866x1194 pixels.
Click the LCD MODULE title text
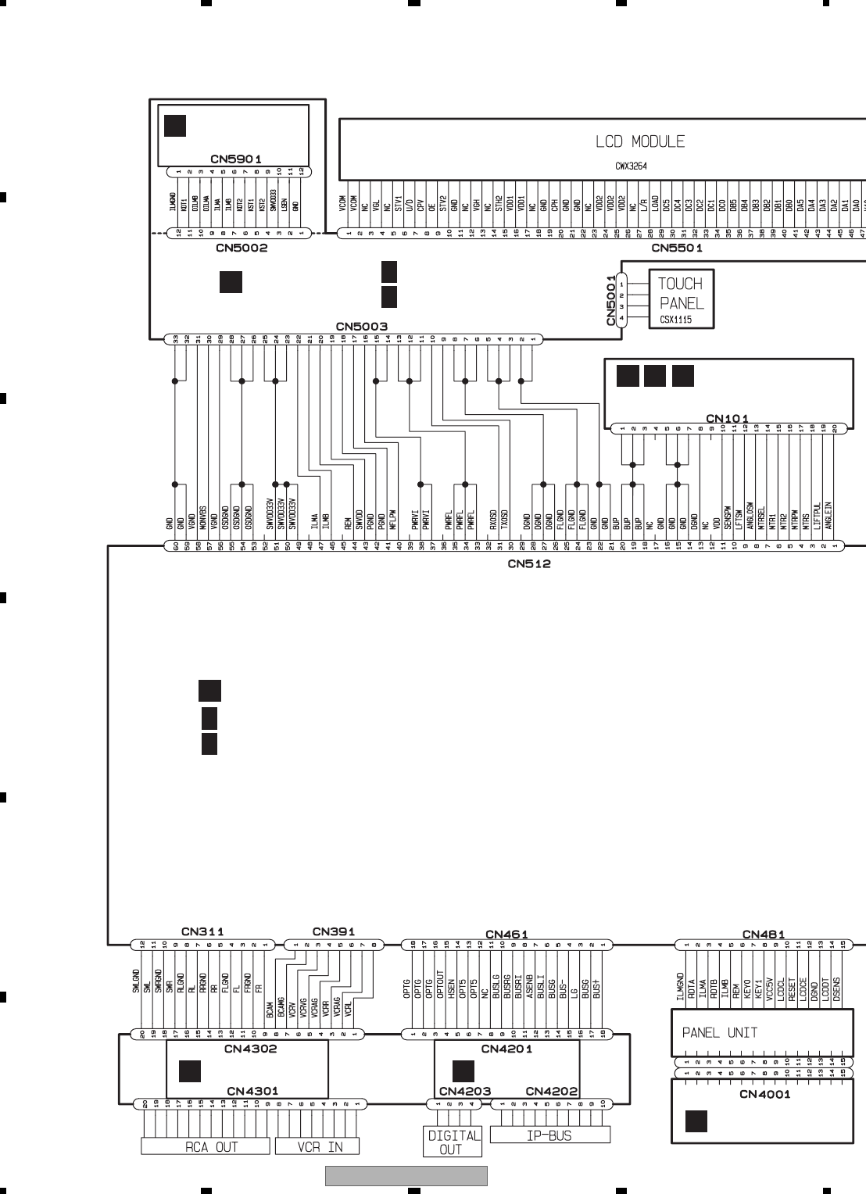point(640,142)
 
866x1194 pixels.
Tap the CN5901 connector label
point(241,159)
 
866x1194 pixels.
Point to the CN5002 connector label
point(242,248)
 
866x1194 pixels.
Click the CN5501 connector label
point(677,248)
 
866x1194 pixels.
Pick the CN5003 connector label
point(362,326)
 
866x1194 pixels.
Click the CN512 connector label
point(529,563)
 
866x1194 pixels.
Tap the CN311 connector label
point(202,931)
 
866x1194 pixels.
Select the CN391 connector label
point(334,931)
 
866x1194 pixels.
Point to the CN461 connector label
point(507,934)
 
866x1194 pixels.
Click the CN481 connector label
point(764,934)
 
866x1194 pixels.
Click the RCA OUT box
point(206,1146)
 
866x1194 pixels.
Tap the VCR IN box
point(318,1146)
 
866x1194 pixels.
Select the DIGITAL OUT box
point(451,1142)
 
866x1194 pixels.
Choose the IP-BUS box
point(549,1135)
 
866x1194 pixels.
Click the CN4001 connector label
point(764,1094)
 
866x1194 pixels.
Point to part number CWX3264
point(630,166)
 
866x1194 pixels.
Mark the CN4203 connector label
point(464,1091)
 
